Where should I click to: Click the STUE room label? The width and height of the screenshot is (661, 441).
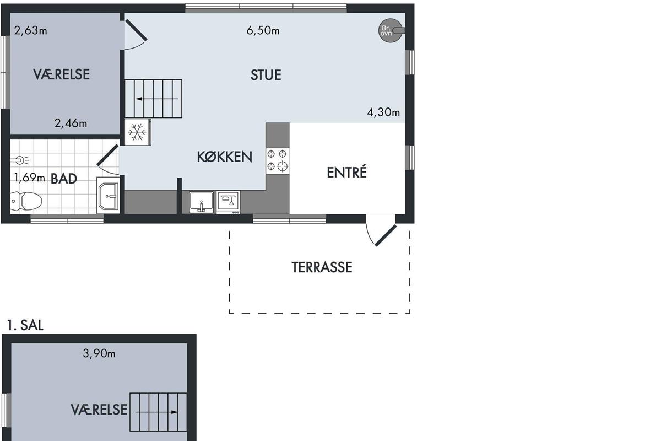click(266, 75)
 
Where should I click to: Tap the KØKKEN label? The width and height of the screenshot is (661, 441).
click(225, 157)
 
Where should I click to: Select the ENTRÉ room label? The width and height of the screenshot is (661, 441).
click(346, 172)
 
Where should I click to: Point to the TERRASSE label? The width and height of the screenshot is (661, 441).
click(322, 267)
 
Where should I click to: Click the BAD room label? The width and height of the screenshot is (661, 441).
click(64, 179)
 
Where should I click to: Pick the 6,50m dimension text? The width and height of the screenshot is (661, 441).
click(263, 31)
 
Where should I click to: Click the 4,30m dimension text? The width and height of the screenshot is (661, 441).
click(383, 112)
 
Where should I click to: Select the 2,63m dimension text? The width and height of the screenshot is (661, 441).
click(31, 31)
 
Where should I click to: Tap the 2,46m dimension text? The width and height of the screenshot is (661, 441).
click(71, 123)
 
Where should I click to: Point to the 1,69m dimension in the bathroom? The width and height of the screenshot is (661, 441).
click(30, 178)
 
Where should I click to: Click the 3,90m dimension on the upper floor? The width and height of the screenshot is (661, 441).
click(99, 353)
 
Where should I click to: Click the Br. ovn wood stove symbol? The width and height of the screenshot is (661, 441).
click(391, 30)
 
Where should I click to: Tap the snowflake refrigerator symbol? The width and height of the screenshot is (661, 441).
click(138, 132)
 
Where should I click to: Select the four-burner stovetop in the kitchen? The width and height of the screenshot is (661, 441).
click(278, 161)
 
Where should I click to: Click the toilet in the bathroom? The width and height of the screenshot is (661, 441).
click(26, 201)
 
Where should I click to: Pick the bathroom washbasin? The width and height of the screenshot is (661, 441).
click(109, 195)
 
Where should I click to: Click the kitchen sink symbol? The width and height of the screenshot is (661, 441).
click(201, 202)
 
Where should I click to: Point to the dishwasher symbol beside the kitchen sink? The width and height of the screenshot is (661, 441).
click(228, 202)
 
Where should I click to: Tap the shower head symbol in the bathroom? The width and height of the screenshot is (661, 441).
click(20, 160)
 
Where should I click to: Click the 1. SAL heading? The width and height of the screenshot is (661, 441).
click(25, 325)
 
